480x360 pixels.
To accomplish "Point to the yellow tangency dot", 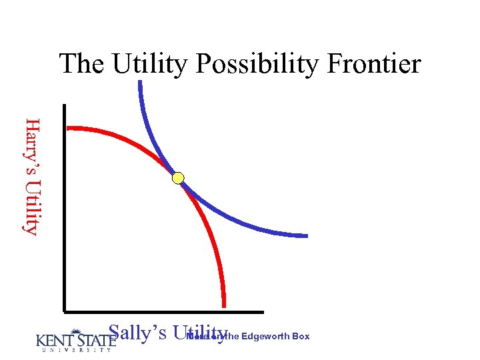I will click(x=178, y=178).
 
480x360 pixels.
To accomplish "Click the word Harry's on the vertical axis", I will click(x=31, y=143).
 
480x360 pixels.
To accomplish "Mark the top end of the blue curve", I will click(x=140, y=83).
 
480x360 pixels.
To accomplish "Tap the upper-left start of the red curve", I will click(x=69, y=128).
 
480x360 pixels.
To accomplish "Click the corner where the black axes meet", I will click(x=65, y=311).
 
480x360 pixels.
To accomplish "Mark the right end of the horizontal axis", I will click(x=262, y=311).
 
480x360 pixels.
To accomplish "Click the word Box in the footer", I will click(x=301, y=337).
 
